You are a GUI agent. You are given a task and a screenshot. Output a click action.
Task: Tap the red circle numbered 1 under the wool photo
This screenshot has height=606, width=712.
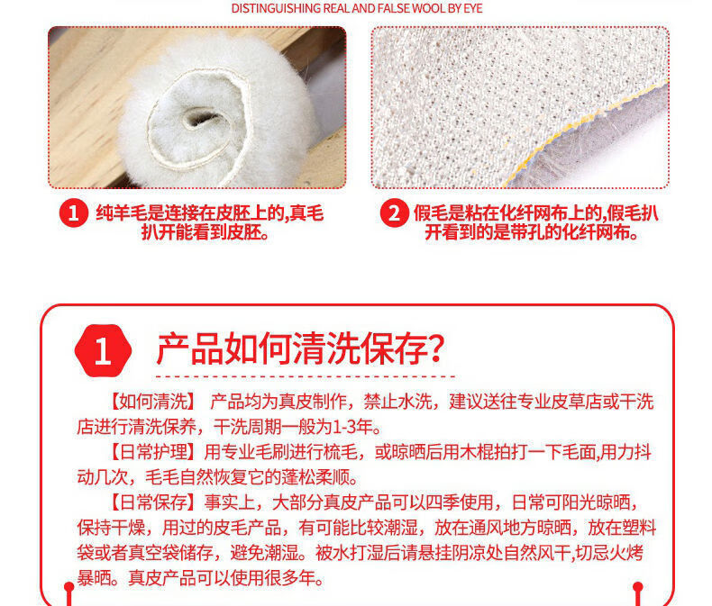(73, 213)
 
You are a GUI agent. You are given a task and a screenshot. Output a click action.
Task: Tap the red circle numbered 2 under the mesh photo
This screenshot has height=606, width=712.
(394, 213)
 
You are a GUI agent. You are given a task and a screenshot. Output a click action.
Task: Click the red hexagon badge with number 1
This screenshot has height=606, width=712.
(103, 350)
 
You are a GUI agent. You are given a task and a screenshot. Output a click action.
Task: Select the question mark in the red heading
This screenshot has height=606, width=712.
(436, 348)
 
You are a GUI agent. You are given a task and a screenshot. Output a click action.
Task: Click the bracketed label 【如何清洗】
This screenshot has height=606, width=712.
(153, 402)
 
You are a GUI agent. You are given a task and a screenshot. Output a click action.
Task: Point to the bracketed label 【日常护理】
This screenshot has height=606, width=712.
(153, 452)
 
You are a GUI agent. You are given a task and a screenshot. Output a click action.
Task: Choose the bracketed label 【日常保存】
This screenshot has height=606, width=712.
(153, 502)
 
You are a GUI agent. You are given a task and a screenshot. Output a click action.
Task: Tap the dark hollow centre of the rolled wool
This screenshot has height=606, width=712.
(200, 119)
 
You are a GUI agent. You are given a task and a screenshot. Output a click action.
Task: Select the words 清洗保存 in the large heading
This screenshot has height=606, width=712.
(360, 348)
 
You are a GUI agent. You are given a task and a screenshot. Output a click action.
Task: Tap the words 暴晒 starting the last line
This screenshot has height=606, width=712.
(94, 578)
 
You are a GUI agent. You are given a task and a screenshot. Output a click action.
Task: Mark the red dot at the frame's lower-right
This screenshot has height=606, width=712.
(638, 587)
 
